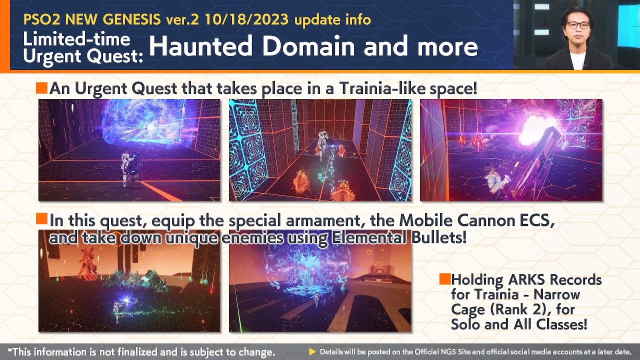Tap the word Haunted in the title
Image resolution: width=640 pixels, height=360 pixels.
pyautogui.click(x=200, y=46)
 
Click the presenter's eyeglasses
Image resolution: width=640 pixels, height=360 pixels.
pyautogui.click(x=578, y=25)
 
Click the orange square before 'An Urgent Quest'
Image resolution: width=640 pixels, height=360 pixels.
pyautogui.click(x=41, y=88)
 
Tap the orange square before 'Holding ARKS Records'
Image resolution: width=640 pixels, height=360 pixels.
pyautogui.click(x=444, y=279)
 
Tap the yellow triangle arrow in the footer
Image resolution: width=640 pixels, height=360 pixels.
pyautogui.click(x=312, y=352)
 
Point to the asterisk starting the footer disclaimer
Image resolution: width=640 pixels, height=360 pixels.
pyautogui.click(x=10, y=351)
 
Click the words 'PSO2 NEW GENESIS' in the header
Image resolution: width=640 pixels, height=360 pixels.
pyautogui.click(x=91, y=19)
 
